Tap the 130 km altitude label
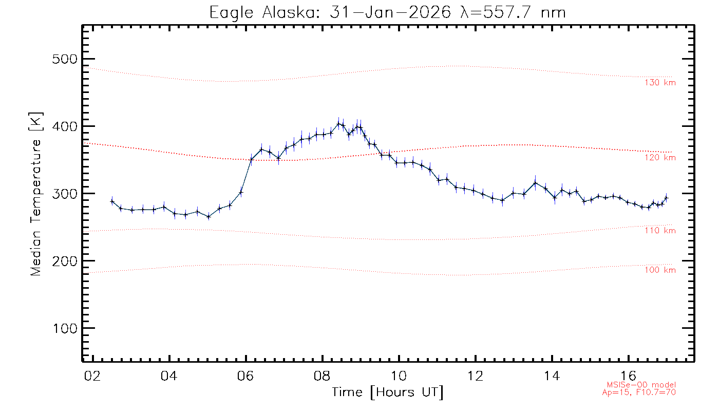660,83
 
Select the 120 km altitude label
660,158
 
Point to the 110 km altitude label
660,231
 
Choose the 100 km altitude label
660,270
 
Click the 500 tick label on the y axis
66,59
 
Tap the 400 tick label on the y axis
66,126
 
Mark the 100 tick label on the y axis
66,328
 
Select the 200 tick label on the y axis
66,261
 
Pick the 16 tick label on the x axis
629,376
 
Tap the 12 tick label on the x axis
476,376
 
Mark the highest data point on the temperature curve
338,123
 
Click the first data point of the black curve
112,201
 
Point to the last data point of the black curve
666,198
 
